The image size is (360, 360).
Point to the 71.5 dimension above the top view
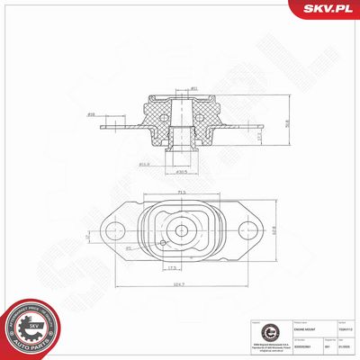point(182,193)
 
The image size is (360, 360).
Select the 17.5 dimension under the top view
point(171,267)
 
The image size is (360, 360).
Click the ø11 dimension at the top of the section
point(193,89)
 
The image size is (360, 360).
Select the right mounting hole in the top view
point(252,230)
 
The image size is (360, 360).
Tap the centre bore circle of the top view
point(183,230)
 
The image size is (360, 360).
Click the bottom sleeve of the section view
point(184,157)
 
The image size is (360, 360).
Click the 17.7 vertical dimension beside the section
point(237,135)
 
